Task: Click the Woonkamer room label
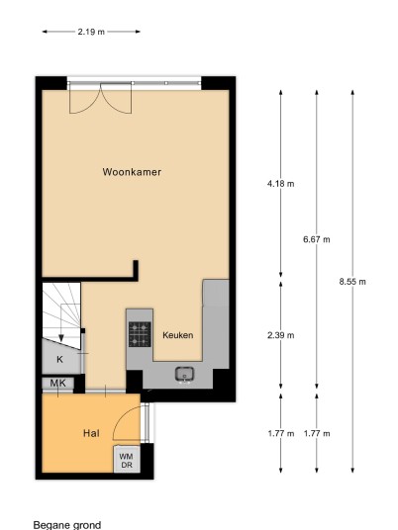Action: (132, 172)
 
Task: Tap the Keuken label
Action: (178, 335)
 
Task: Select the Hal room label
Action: (91, 433)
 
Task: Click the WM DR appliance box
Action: (127, 460)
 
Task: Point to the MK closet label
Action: (57, 384)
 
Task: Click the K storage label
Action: (59, 359)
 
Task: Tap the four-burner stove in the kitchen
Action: (140, 334)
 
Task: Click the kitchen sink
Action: (184, 375)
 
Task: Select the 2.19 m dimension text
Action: (91, 32)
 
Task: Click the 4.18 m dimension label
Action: (280, 184)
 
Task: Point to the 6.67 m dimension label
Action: (317, 239)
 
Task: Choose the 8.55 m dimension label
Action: (352, 282)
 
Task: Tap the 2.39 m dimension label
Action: (280, 335)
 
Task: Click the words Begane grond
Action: (67, 525)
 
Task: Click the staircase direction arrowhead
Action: (61, 338)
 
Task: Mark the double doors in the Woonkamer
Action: (100, 98)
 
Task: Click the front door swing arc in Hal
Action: (121, 419)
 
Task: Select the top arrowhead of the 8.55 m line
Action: (352, 93)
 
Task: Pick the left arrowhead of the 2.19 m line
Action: (45, 32)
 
